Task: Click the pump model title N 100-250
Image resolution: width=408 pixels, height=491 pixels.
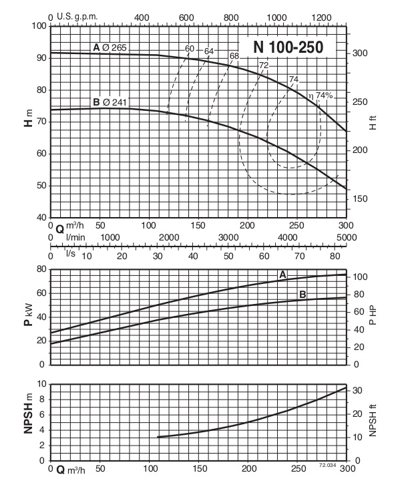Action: click(288, 47)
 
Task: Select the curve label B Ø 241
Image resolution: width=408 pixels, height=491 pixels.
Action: click(110, 102)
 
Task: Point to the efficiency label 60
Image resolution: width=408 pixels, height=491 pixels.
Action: click(190, 49)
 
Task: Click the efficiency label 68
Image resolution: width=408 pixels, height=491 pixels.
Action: click(234, 56)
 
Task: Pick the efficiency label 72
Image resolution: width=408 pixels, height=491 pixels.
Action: click(264, 65)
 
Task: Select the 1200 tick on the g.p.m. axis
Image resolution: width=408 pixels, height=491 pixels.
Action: click(321, 16)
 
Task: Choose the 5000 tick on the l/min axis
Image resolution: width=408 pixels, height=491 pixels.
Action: click(345, 238)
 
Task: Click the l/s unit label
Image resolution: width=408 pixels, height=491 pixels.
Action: click(70, 252)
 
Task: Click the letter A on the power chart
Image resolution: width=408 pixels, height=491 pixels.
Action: click(282, 274)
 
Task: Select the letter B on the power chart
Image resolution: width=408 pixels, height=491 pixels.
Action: click(302, 295)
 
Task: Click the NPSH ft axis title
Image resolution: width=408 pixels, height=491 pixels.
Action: click(373, 422)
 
